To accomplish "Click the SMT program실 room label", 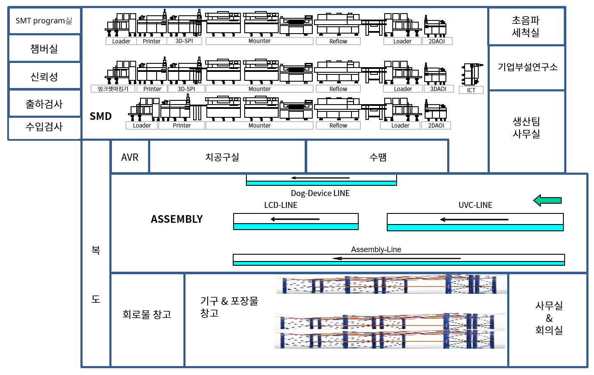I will coord(44,21).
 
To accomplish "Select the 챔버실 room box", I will coord(44,49).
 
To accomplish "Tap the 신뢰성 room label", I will coord(44,77).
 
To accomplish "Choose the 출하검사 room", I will coord(44,104).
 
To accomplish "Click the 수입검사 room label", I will coord(44,127).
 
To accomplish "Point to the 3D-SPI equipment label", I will coord(184,41).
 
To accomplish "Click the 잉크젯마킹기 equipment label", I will coord(113,89).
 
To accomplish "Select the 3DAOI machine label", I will coord(438,89).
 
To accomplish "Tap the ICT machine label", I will coord(471,90).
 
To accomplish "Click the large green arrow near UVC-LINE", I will coord(548,200).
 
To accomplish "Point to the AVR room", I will coord(130,157).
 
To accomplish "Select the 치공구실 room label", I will coord(222,157).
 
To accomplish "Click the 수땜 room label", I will coord(378,157).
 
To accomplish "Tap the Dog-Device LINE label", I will coord(320,193).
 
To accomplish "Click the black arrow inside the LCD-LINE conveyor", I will coord(295,219).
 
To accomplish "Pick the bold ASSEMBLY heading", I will coord(177,219).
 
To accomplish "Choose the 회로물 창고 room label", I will coord(147,315).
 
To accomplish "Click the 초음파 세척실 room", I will coord(525,26).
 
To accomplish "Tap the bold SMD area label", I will coord(100,116).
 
